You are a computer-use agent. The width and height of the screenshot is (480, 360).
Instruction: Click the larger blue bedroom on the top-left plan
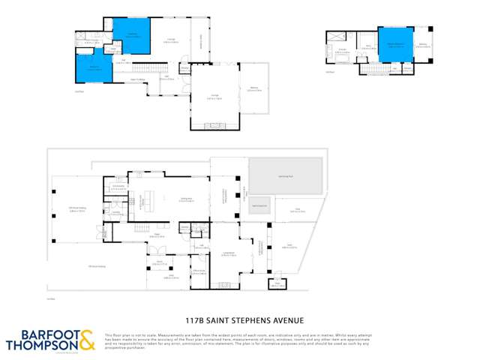131,36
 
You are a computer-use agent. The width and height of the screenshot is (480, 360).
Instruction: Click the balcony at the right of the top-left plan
252,89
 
